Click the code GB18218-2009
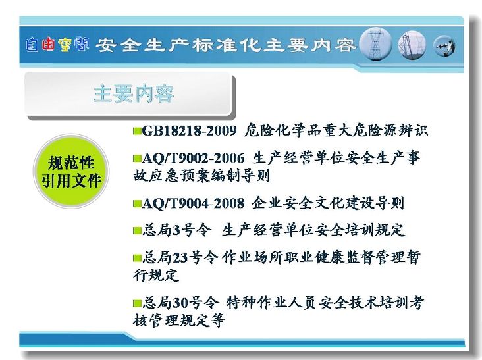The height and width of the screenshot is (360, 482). (190, 131)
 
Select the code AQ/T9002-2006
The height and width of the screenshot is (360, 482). (193, 158)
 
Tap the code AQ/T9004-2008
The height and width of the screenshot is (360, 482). (193, 203)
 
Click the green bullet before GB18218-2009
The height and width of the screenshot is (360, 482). (137, 131)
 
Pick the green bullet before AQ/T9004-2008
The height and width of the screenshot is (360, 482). (137, 203)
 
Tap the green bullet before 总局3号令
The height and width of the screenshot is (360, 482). (137, 230)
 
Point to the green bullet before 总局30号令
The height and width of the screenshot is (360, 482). (137, 303)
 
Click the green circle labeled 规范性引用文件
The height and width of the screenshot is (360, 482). (71, 171)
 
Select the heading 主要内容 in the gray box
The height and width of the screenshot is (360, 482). (134, 93)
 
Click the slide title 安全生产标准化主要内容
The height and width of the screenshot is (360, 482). (226, 45)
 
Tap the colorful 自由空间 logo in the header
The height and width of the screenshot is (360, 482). (57, 45)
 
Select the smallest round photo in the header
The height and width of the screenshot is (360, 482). (444, 46)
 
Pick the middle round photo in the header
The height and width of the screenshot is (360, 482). (412, 45)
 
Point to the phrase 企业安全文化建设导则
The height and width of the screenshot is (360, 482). (328, 203)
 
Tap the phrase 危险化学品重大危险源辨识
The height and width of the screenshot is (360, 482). (336, 131)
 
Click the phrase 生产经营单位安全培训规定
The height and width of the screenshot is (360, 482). (313, 230)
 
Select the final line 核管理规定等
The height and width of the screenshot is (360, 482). (179, 320)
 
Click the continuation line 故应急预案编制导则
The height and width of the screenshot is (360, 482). (201, 176)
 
